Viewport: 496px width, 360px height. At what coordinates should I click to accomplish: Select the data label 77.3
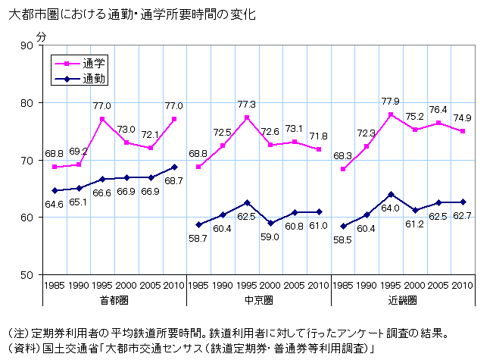click(246, 104)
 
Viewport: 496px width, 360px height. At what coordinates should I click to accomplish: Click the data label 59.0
click(270, 236)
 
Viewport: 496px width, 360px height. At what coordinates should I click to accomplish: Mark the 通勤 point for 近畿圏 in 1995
click(391, 194)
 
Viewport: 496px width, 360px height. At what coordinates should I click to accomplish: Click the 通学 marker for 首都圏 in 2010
click(174, 119)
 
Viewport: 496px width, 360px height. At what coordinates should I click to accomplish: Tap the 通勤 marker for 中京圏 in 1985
click(198, 224)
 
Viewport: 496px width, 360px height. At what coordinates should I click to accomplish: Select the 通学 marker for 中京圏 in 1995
click(247, 117)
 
